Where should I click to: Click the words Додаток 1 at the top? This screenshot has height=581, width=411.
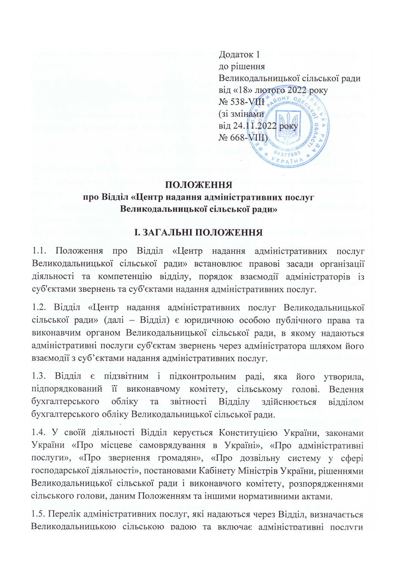click(x=239, y=54)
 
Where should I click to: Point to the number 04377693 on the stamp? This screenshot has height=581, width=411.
click(x=287, y=153)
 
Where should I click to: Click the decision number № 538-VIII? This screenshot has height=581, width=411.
click(x=241, y=102)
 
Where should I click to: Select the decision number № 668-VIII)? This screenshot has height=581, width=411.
click(x=243, y=138)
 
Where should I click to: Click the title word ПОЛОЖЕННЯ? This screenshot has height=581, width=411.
click(x=199, y=185)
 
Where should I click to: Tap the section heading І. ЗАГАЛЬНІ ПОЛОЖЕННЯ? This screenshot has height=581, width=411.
click(x=198, y=233)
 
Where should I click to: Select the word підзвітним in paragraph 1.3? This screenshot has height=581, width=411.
click(x=127, y=376)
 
